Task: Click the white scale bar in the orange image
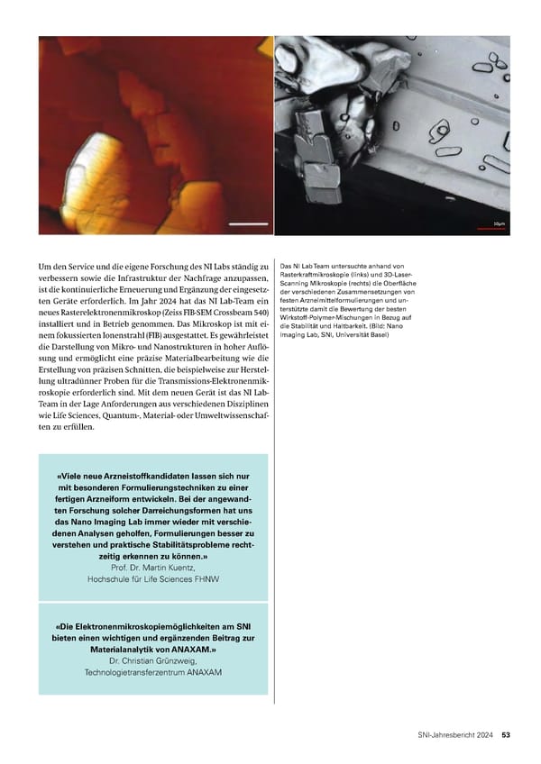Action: pos(249,223)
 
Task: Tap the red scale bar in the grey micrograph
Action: pos(491,229)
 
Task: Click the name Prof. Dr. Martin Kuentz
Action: pos(153,568)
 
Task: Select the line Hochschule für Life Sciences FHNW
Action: pos(153,580)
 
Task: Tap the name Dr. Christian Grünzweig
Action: pos(153,660)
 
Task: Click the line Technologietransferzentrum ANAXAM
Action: pos(153,672)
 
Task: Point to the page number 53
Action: pos(506,733)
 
